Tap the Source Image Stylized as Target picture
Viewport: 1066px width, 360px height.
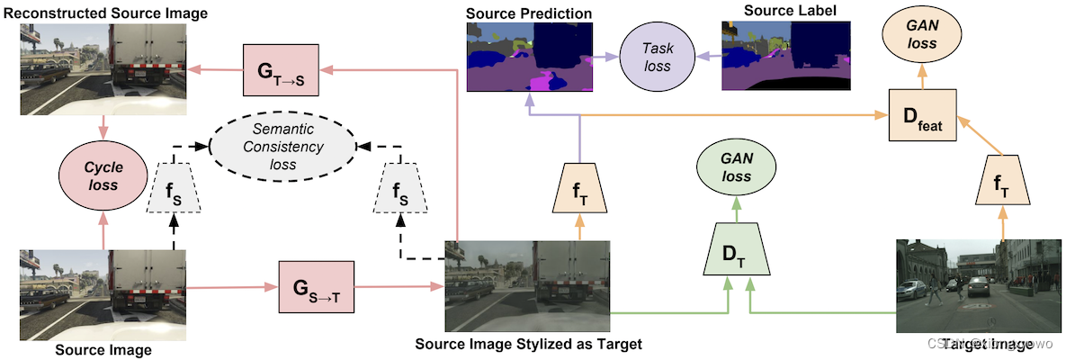527,286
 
